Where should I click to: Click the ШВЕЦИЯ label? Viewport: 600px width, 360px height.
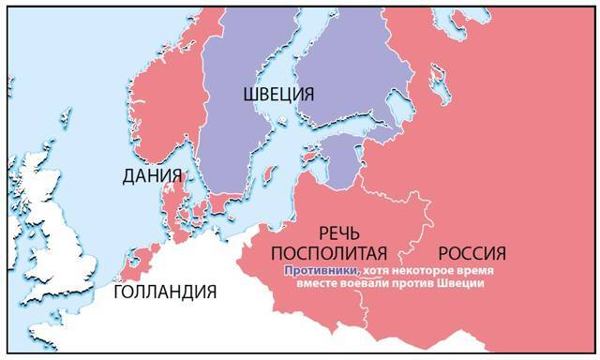[x=278, y=94]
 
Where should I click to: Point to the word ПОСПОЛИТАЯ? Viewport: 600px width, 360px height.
[x=328, y=252]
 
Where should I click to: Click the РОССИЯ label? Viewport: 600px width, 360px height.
[x=472, y=252]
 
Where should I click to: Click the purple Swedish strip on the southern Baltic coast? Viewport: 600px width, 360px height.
[x=226, y=202]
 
